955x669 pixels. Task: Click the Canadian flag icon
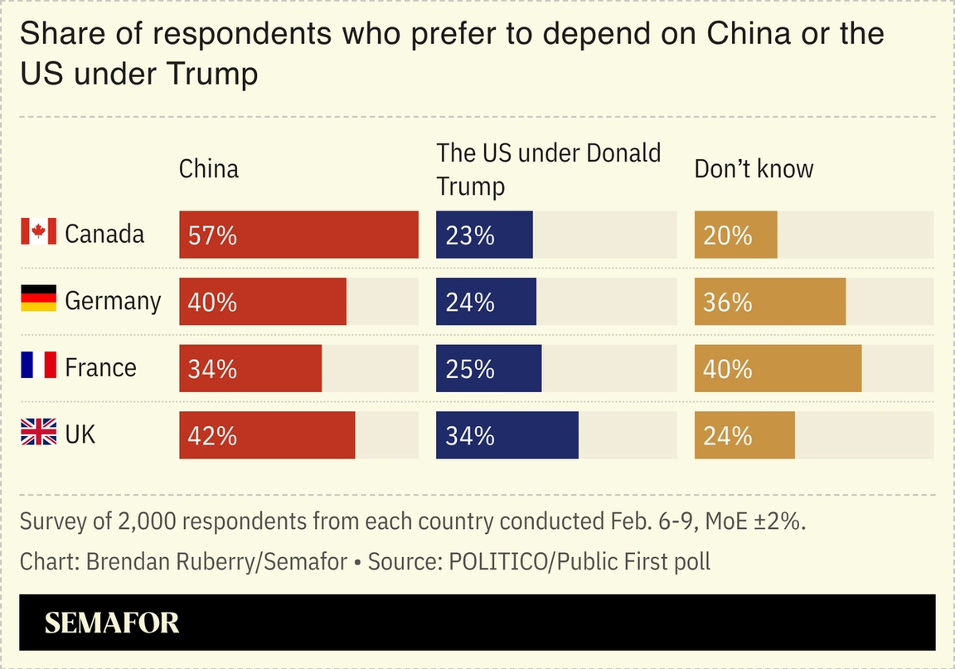pyautogui.click(x=38, y=232)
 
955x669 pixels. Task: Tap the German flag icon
pyautogui.click(x=38, y=298)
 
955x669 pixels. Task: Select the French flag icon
pyautogui.click(x=38, y=366)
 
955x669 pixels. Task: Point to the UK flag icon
pyautogui.click(x=38, y=433)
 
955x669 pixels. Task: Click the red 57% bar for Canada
pyautogui.click(x=298, y=235)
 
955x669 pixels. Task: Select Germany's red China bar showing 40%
pyautogui.click(x=263, y=302)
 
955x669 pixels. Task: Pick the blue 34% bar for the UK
pyautogui.click(x=507, y=435)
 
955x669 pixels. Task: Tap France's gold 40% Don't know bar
pyautogui.click(x=778, y=368)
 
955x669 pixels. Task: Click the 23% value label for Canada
pyautogui.click(x=469, y=235)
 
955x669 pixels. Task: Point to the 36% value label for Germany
pyautogui.click(x=727, y=303)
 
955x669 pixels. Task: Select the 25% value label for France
pyautogui.click(x=469, y=369)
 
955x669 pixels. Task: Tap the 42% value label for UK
pyautogui.click(x=212, y=436)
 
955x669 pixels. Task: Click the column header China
pyautogui.click(x=209, y=169)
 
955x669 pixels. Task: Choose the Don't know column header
pyautogui.click(x=754, y=169)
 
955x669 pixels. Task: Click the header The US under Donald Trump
pyautogui.click(x=548, y=169)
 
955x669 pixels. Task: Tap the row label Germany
pyautogui.click(x=113, y=300)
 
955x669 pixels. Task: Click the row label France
pyautogui.click(x=100, y=367)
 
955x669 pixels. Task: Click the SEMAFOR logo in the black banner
pyautogui.click(x=111, y=623)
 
